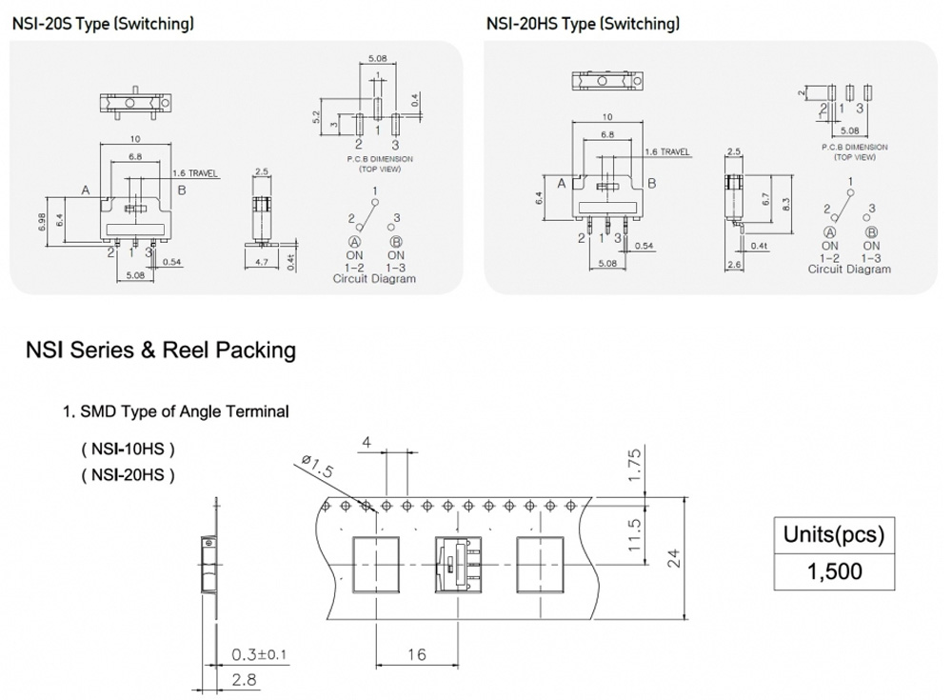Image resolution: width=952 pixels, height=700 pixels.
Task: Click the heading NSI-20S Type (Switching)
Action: [x=103, y=24]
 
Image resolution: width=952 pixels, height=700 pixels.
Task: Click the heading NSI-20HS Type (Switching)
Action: [x=583, y=24]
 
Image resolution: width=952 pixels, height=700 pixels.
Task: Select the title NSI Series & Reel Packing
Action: [x=161, y=350]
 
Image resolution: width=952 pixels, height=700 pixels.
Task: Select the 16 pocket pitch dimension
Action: [x=416, y=654]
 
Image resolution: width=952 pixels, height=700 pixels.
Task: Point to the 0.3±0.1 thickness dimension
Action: [x=259, y=655]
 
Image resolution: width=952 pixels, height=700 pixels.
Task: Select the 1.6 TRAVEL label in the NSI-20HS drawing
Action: [x=667, y=151]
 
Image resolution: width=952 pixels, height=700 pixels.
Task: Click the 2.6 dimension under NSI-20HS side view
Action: [x=734, y=265]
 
